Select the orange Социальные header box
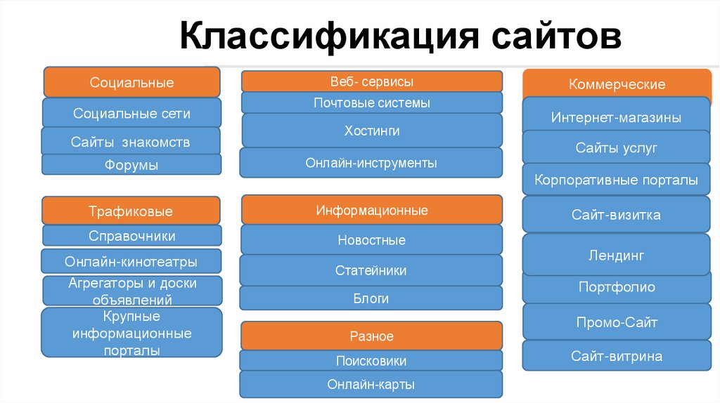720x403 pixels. coord(131,82)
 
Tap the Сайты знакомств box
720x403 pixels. coord(131,142)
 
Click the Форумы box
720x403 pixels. coord(131,165)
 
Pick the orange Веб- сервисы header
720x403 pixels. coord(371,81)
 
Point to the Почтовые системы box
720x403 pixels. coord(371,103)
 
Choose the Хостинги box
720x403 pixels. coord(371,131)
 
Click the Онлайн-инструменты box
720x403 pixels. coord(371,163)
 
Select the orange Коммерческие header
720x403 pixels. coord(617,85)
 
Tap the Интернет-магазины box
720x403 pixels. coord(617,117)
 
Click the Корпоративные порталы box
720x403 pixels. coord(617,180)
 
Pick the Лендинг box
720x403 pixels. coord(617,255)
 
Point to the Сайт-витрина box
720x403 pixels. coord(617,356)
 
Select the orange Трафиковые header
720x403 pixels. coord(131,211)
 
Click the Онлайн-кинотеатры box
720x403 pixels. coord(131,261)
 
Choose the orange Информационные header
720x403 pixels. coord(371,210)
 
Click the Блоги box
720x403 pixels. coord(371,298)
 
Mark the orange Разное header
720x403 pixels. coord(371,336)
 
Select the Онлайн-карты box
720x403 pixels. coord(371,385)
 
